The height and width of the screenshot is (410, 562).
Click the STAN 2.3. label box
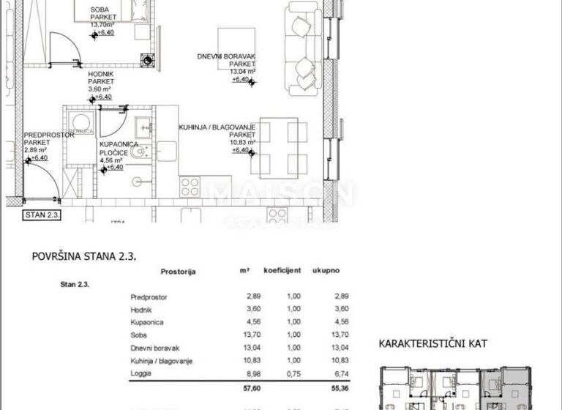pos(43,215)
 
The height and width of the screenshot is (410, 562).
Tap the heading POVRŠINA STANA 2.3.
pos(85,256)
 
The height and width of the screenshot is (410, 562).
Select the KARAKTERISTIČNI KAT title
pos(432,343)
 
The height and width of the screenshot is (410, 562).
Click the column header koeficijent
pos(282,270)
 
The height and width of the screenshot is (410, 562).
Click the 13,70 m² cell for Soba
pos(251,336)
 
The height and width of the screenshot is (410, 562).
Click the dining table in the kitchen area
pos(279,146)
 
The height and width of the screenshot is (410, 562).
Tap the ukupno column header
pos(326,270)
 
